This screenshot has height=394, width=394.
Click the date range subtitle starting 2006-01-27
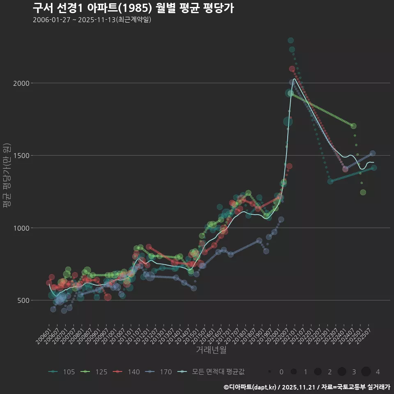(x=92, y=20)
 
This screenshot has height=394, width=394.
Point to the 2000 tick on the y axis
(x=21, y=83)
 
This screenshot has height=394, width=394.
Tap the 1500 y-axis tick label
(x=21, y=156)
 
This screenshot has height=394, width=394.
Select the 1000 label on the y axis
(x=21, y=228)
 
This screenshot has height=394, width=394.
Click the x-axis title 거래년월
(x=211, y=350)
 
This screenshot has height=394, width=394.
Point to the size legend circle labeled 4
(x=366, y=372)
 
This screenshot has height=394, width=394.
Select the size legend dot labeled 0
(x=270, y=372)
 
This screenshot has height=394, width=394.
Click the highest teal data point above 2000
(x=291, y=40)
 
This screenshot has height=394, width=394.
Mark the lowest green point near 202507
(x=363, y=192)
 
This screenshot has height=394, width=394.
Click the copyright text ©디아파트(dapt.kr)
(x=250, y=387)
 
